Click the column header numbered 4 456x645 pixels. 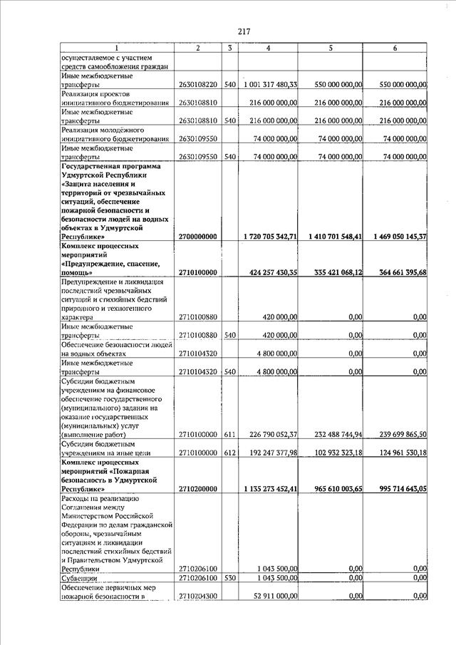267,48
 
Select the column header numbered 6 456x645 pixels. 395,48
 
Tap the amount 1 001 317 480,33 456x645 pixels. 270,85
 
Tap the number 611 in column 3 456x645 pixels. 229,434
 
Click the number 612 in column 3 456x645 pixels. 229,453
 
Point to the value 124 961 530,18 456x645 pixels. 395,453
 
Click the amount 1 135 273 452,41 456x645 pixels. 269,490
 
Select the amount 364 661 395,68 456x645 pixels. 395,272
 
